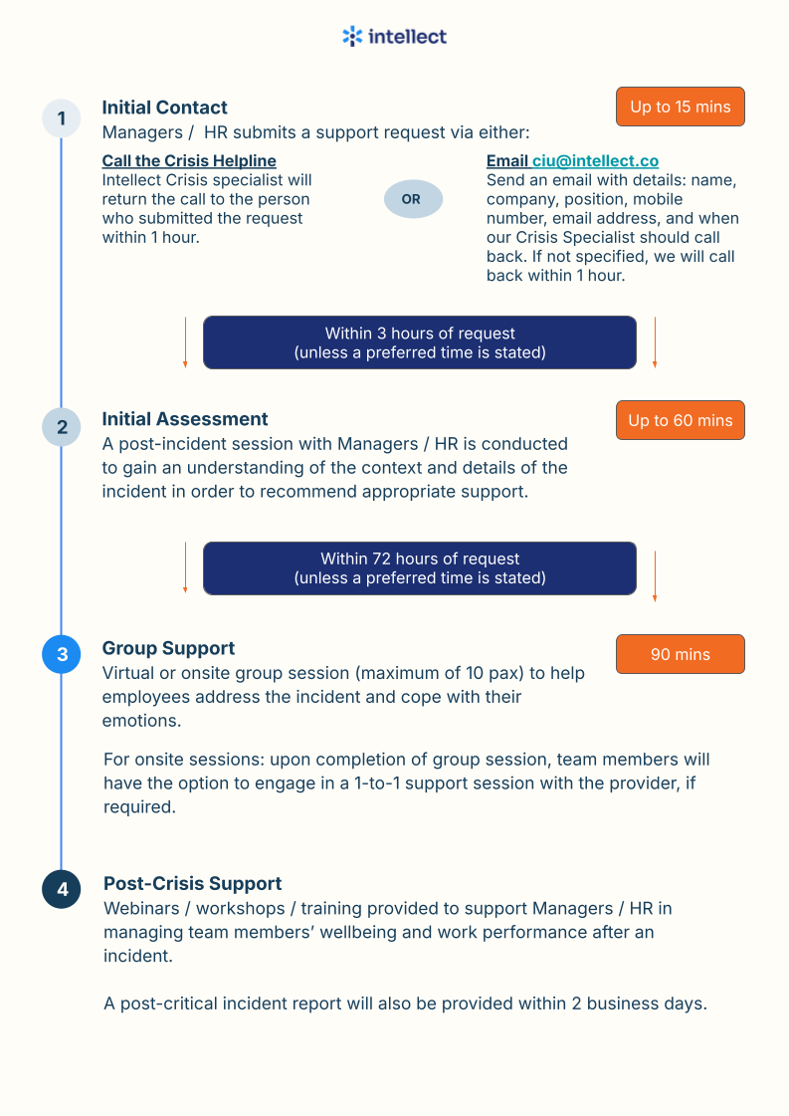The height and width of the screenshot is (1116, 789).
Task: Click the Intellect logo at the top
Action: tap(394, 37)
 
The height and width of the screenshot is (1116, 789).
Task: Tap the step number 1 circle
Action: tap(62, 118)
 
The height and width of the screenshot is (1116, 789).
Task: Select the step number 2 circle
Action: tap(62, 427)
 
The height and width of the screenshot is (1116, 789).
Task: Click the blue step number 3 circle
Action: tap(62, 654)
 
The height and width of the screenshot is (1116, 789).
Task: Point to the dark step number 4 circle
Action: tap(62, 889)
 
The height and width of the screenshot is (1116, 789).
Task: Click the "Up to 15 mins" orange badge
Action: tap(681, 107)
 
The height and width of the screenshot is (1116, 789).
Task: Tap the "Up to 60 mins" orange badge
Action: tap(681, 420)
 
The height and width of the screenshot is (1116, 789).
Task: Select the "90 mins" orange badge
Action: tap(681, 654)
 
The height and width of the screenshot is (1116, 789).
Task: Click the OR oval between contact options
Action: tap(411, 199)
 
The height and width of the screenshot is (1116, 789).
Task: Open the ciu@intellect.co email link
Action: tap(595, 161)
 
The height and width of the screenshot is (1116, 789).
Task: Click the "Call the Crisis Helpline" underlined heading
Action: tap(189, 161)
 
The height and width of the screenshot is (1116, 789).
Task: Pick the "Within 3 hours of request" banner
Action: tap(420, 342)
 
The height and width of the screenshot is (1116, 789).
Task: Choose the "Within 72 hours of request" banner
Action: tap(420, 568)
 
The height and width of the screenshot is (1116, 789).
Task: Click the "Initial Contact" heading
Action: tap(165, 108)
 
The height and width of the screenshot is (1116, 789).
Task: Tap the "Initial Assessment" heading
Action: tap(185, 419)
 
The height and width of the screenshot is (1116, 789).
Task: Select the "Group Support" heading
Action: tap(169, 648)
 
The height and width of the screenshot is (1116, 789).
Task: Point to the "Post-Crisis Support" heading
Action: tap(193, 883)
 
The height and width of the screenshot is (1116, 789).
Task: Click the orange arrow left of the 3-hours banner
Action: tap(185, 343)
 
